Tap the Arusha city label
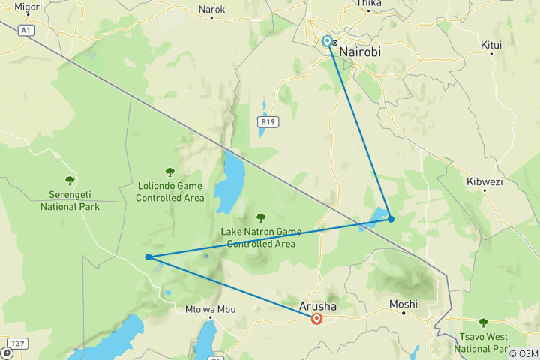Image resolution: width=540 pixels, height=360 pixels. coord(317,307)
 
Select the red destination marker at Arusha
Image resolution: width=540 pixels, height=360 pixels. coord(316,319)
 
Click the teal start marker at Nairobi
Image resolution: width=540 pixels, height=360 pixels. coord(327,41)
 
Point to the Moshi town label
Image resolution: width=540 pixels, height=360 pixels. coord(403,304)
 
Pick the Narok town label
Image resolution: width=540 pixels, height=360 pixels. coord(211,10)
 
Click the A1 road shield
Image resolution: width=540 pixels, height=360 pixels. coord(26,30)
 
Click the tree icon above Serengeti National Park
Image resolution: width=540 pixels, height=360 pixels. coord(70,180)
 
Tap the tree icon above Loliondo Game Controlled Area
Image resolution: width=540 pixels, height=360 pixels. coord(170,172)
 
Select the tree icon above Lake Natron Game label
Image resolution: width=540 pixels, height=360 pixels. coord(261,218)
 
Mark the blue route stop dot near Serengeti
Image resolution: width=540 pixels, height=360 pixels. coord(149,256)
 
